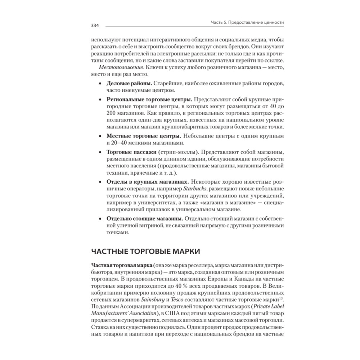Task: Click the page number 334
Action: point(95,26)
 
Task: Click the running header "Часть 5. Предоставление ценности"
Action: point(247,22)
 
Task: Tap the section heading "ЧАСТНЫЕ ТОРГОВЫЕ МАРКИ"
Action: point(146,251)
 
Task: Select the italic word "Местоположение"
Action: point(110,68)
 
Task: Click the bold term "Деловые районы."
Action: point(127,84)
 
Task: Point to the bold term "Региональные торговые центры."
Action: point(150,99)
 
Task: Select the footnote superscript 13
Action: point(282,298)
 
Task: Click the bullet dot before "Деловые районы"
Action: point(100,84)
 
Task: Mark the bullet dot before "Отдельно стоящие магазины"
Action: point(100,219)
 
